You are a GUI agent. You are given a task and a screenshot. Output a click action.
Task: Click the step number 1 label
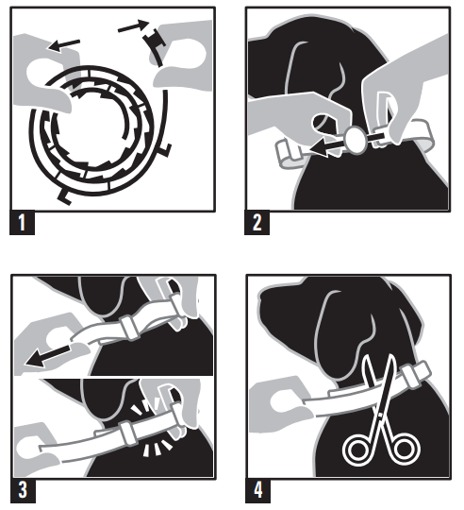pyautogui.click(x=22, y=226)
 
